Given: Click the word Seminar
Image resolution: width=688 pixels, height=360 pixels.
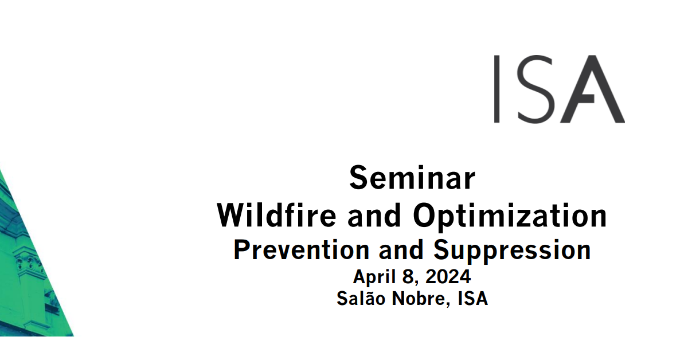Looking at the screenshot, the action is pyautogui.click(x=412, y=178).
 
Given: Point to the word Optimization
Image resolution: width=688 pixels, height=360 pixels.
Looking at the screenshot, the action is pyautogui.click(x=510, y=217).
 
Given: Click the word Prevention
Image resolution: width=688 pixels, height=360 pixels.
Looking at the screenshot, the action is pyautogui.click(x=302, y=250).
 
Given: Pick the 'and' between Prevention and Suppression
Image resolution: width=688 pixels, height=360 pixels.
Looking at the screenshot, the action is pyautogui.click(x=401, y=250).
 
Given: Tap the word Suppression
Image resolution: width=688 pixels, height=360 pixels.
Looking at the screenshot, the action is pyautogui.click(x=512, y=251).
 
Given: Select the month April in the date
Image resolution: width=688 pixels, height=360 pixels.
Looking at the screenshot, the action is pyautogui.click(x=374, y=277).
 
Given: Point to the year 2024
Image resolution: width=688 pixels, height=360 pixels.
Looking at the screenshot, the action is pyautogui.click(x=448, y=276).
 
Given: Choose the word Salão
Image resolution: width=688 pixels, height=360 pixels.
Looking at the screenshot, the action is pyautogui.click(x=361, y=298).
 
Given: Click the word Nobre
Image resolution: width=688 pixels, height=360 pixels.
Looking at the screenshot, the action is pyautogui.click(x=419, y=298).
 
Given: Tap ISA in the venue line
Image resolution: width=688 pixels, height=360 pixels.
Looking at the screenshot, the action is pyautogui.click(x=473, y=298).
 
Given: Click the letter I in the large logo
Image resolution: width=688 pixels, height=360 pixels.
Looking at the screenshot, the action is pyautogui.click(x=497, y=89).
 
